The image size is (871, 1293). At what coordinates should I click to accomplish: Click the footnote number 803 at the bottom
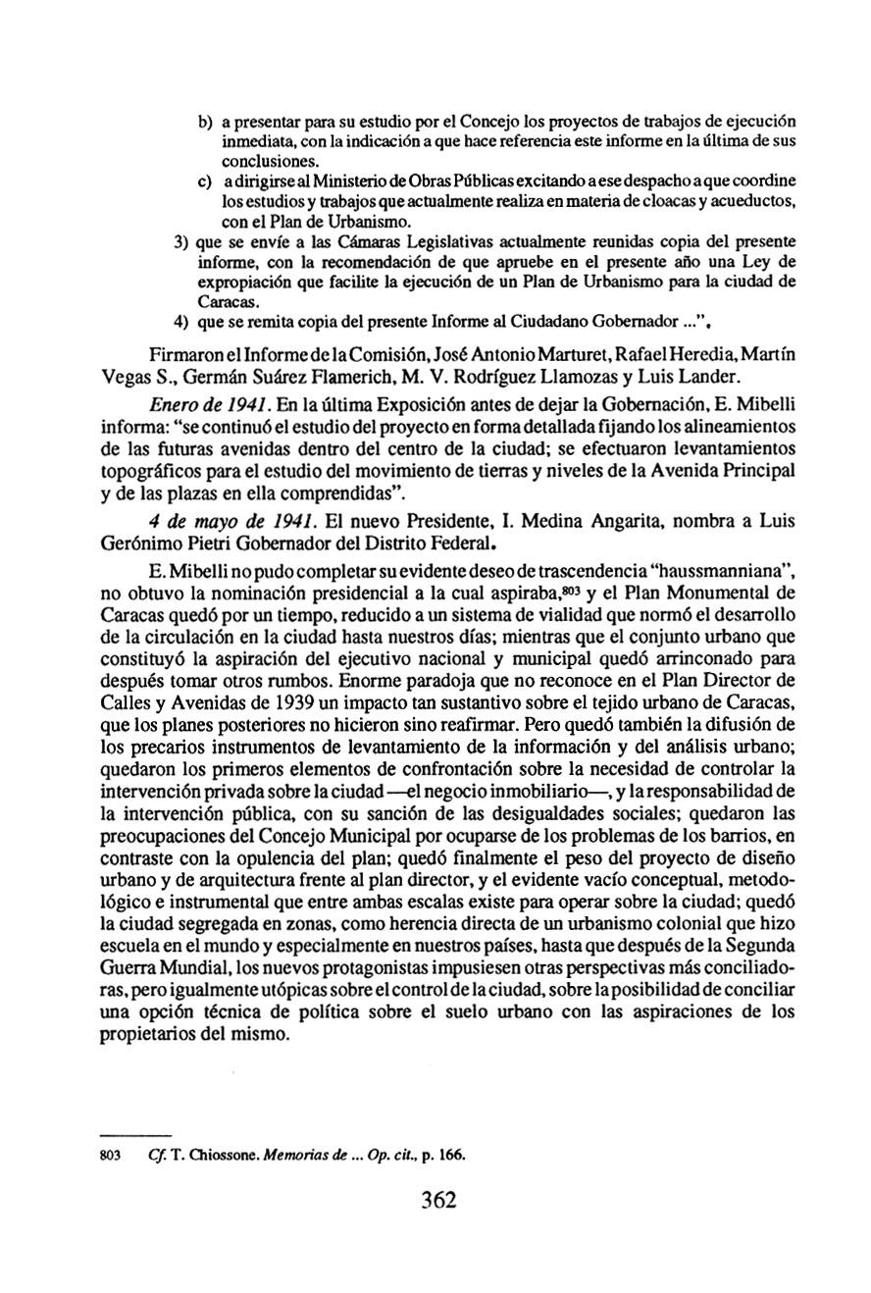click(112, 1156)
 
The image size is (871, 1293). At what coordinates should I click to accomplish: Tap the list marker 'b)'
click(206, 122)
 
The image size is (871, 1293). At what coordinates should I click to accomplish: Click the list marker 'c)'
click(206, 181)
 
